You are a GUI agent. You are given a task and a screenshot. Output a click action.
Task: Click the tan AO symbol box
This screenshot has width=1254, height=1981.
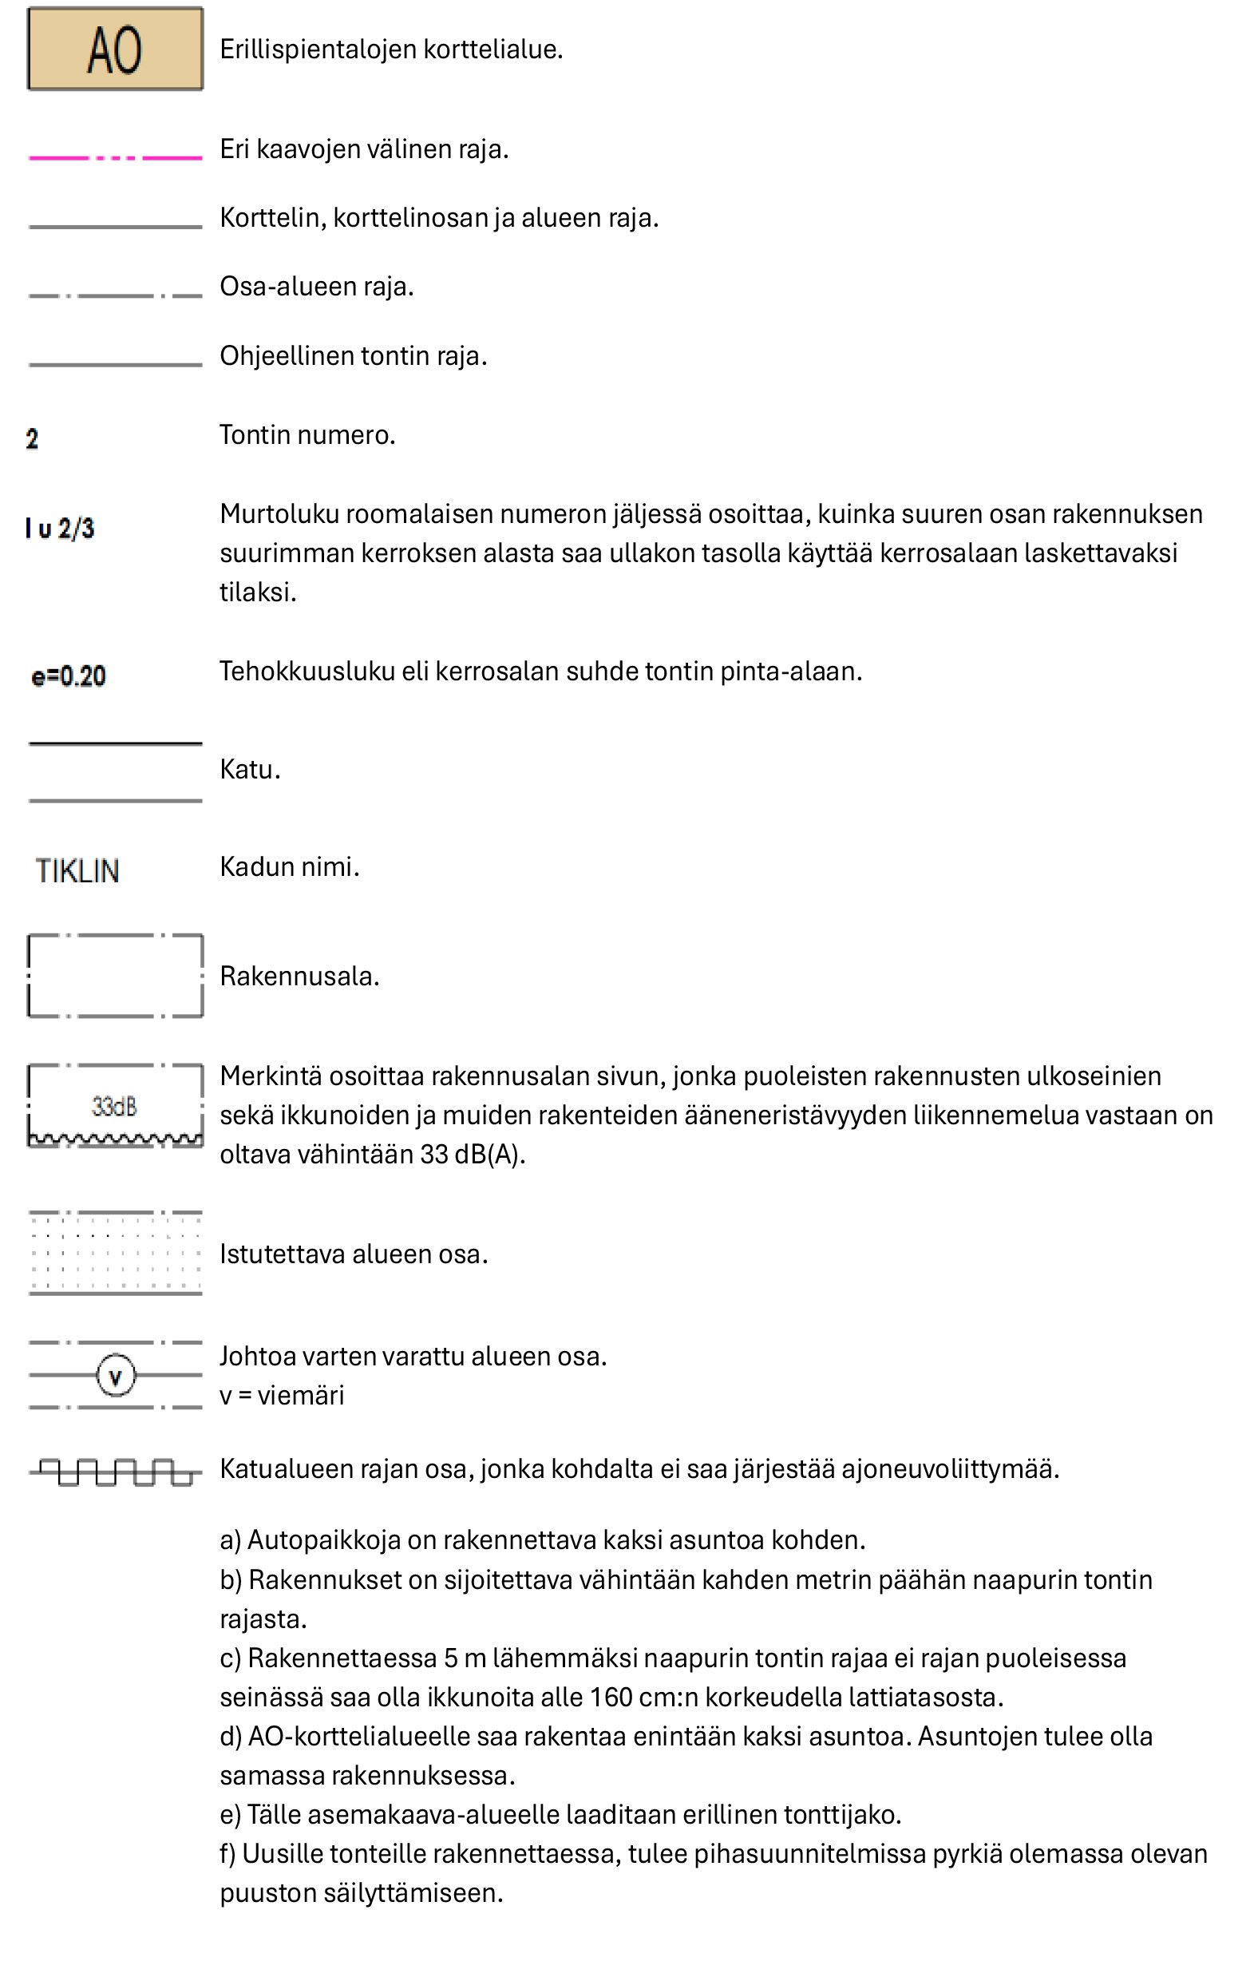[x=115, y=50]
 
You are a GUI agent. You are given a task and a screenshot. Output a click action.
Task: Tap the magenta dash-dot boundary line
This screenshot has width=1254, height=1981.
[x=115, y=157]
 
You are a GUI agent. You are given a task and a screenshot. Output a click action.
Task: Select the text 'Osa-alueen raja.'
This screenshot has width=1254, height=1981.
[x=317, y=287]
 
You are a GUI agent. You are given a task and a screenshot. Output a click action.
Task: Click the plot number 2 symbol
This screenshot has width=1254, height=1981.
[x=32, y=439]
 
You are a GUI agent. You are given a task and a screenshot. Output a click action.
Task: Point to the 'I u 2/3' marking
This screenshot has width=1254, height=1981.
[x=60, y=528]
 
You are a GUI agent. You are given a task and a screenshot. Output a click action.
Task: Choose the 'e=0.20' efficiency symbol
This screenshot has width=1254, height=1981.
[x=69, y=676]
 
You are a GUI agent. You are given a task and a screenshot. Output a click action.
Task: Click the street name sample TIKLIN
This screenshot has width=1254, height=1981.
[x=77, y=871]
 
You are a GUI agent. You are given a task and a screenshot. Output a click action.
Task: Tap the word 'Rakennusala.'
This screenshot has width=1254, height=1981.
[x=299, y=977]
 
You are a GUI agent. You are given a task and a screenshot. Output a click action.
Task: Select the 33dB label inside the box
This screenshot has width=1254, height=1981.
[x=114, y=1107]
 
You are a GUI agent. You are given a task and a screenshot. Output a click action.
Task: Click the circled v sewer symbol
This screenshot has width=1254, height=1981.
[x=115, y=1376]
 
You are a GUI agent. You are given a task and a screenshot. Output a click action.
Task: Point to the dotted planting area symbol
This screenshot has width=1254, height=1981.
[x=115, y=1253]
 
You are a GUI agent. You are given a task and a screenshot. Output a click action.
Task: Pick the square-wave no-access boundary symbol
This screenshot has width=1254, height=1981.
[x=115, y=1472]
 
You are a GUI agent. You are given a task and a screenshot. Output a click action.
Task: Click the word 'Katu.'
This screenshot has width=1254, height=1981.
[x=250, y=770]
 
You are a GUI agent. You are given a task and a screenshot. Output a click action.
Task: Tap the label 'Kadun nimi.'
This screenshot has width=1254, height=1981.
[x=290, y=867]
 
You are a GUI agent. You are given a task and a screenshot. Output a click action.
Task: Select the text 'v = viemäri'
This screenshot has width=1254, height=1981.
[x=282, y=1396]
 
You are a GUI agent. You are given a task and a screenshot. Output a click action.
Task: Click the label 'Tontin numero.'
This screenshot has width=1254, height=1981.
[x=307, y=435]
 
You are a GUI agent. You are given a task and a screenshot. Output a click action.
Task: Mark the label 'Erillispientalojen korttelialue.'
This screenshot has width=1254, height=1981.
[x=391, y=50]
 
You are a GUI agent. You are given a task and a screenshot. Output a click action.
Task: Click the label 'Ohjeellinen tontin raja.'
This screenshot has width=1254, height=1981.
[x=354, y=356]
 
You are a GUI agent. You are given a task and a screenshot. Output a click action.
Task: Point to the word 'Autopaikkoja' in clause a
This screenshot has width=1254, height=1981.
[x=323, y=1540]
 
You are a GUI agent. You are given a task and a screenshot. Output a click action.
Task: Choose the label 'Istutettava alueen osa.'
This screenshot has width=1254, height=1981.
[x=354, y=1254]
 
